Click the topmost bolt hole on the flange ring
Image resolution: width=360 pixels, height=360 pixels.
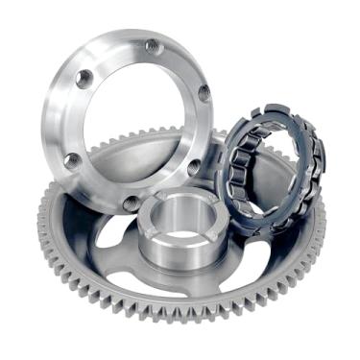pos(152,45)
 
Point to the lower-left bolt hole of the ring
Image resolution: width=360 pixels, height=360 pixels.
pos(73,161)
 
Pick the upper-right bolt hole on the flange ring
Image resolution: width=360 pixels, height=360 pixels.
pos(204,93)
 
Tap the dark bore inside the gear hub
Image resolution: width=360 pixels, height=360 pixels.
pos(182,213)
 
